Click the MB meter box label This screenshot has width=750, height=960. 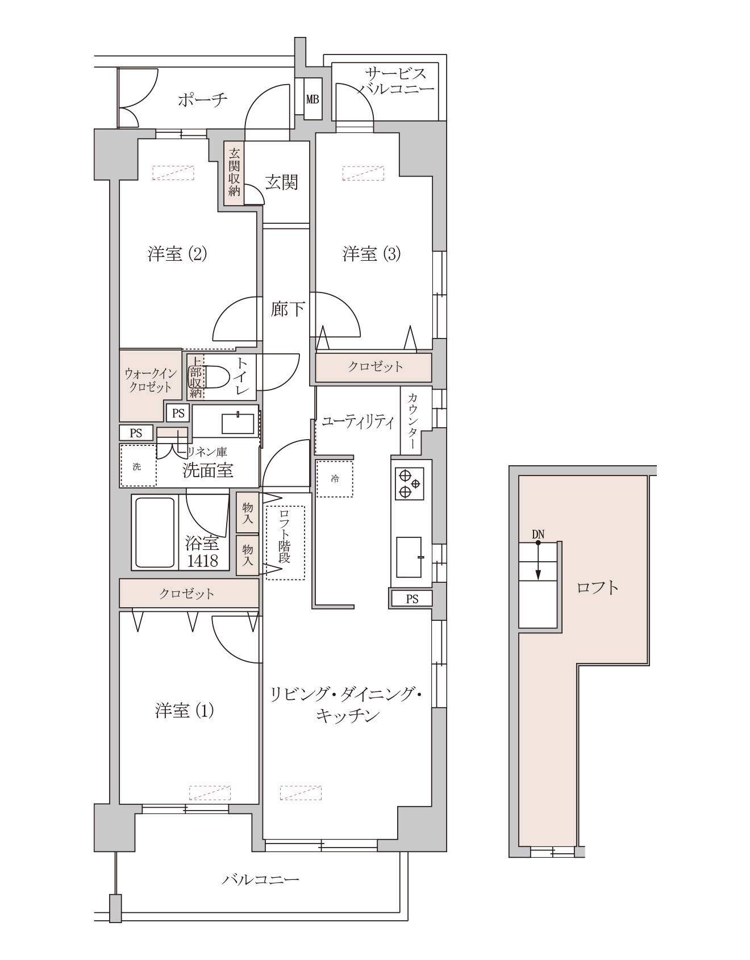tap(312, 99)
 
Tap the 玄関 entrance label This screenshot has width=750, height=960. tap(282, 182)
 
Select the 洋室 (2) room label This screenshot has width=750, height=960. tap(177, 253)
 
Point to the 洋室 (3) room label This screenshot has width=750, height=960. tap(372, 253)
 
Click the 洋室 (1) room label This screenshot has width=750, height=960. tap(184, 710)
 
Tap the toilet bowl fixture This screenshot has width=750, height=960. tap(216, 376)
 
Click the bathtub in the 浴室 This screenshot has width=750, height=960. tap(155, 532)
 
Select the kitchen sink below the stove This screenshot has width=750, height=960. tap(409, 557)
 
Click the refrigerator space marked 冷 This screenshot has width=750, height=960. tap(335, 479)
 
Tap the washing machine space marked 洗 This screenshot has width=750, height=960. tap(137, 466)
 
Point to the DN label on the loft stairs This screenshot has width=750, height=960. tap(538, 534)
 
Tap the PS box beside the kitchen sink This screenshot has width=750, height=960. tap(412, 598)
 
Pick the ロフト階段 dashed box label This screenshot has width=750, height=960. tap(285, 543)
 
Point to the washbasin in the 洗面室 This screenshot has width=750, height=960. tap(238, 424)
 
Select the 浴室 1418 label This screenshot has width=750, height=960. tap(202, 552)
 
